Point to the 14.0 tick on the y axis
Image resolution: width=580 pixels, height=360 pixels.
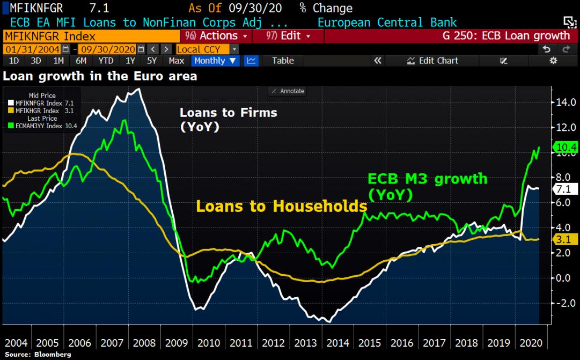point(565,102)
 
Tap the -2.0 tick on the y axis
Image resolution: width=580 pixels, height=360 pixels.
point(564,303)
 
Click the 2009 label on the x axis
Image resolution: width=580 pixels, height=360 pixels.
point(178,343)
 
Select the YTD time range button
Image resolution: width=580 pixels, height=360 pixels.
point(106,61)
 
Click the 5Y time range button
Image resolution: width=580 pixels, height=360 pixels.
point(152,61)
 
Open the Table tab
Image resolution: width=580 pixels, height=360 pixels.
point(283,61)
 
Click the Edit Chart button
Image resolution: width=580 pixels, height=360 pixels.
point(433,61)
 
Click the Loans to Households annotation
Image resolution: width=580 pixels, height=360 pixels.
point(281,206)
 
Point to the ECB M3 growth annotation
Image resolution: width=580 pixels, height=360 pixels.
point(427,186)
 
